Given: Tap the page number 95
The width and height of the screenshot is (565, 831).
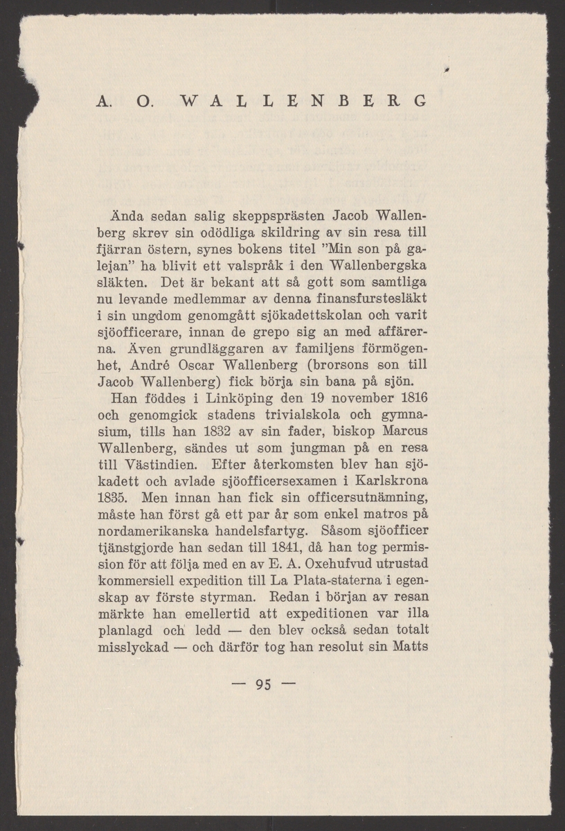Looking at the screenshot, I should [262, 686].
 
